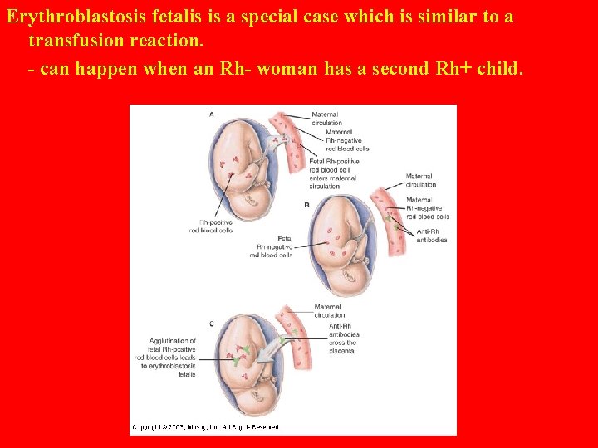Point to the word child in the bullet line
[498, 69]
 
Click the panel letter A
[210, 114]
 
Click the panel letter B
[307, 203]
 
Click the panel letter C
[210, 323]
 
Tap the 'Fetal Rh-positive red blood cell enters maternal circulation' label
[332, 173]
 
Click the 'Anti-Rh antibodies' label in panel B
[430, 235]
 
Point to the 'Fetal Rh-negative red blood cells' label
[272, 246]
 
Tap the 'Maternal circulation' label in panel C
[329, 310]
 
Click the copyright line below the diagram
[205, 427]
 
